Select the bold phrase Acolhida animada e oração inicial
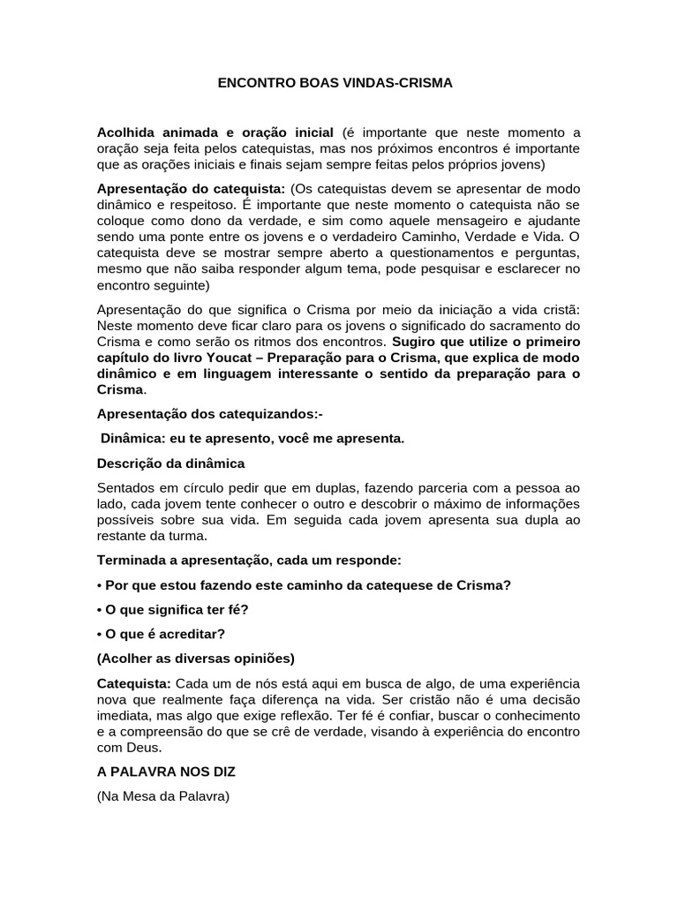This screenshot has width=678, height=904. [215, 132]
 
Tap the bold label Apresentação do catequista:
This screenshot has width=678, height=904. [191, 190]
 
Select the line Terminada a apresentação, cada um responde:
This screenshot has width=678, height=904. [249, 561]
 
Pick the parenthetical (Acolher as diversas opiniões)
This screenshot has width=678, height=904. [195, 659]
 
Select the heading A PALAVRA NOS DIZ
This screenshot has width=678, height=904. [166, 771]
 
